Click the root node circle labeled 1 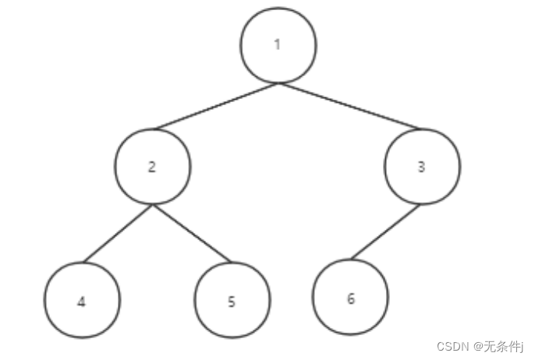[278, 44]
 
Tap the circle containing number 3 [422, 167]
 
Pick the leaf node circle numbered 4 [82, 301]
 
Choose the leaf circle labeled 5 [232, 301]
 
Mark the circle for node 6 [350, 298]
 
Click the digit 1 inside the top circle [277, 44]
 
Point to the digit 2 [151, 168]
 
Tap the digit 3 [422, 167]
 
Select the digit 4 [81, 302]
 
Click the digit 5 [232, 302]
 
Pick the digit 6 [350, 298]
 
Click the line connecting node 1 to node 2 [216, 105]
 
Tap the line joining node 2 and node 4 [118, 235]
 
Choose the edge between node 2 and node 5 [192, 235]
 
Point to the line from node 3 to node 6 [386, 232]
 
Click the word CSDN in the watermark [451, 345]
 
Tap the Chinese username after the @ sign [504, 345]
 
